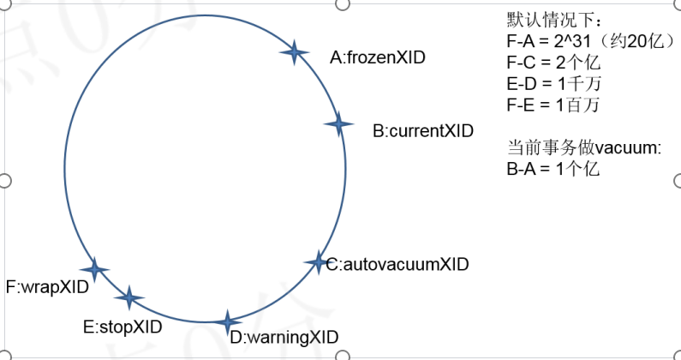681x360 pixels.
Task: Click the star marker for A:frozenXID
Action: click(x=294, y=52)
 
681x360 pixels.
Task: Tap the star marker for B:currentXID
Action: click(x=339, y=124)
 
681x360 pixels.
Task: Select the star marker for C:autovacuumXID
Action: click(x=318, y=262)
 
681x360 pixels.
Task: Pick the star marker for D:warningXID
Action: click(x=227, y=322)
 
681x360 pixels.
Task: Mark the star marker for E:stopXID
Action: click(x=128, y=297)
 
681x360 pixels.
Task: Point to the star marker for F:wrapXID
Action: click(x=94, y=270)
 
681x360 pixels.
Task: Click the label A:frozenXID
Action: click(x=378, y=57)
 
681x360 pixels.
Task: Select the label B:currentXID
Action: click(x=422, y=131)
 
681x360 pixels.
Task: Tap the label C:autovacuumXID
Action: click(x=397, y=264)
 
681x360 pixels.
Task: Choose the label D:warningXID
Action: click(x=284, y=336)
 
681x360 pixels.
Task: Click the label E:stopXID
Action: click(x=122, y=326)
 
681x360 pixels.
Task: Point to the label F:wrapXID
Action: click(x=47, y=286)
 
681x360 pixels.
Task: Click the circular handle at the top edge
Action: click(x=342, y=3)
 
